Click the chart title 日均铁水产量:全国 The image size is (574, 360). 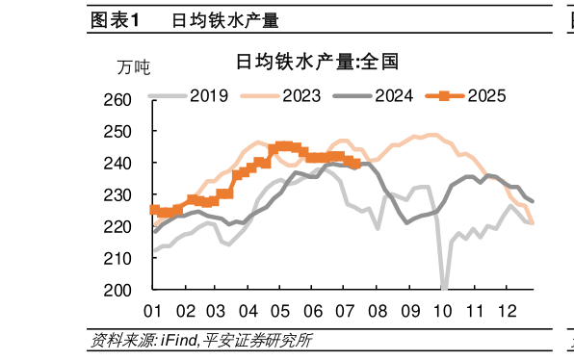(x=318, y=63)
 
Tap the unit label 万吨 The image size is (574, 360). (x=134, y=67)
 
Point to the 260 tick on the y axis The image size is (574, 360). (x=130, y=100)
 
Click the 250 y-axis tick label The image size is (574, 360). (x=130, y=132)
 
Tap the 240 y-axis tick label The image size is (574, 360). (x=130, y=164)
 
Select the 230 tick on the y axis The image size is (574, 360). (x=130, y=195)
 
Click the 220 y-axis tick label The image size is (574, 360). (x=130, y=227)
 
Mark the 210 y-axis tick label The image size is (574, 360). (x=130, y=258)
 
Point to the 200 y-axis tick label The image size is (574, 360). (x=130, y=290)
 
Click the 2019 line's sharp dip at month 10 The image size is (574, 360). (x=443, y=286)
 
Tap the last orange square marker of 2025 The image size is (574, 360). (x=355, y=164)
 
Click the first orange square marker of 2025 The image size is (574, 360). (x=154, y=209)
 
